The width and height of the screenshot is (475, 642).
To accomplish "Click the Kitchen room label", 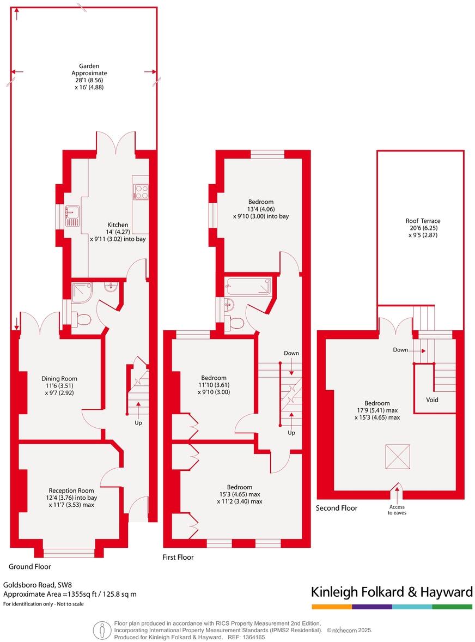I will [x=118, y=225].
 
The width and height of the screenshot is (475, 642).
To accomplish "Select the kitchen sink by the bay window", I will [x=72, y=216].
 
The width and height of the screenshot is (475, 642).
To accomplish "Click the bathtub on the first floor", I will [x=248, y=285].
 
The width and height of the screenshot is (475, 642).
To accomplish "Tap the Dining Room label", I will [x=59, y=379].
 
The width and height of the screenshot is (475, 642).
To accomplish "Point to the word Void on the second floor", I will [x=432, y=399].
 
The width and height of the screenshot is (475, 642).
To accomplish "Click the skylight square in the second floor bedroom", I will [x=397, y=456].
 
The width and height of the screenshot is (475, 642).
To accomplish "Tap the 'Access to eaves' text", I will [x=397, y=509].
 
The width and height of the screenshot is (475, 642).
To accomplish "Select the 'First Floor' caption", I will [x=178, y=557].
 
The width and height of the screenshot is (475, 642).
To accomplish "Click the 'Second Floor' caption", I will [x=337, y=508].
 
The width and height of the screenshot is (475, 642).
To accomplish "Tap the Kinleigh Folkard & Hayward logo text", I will [x=392, y=592].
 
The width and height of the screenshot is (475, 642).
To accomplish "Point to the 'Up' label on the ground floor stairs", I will [x=139, y=422].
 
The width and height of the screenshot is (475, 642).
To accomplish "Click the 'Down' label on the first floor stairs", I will [x=291, y=353].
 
